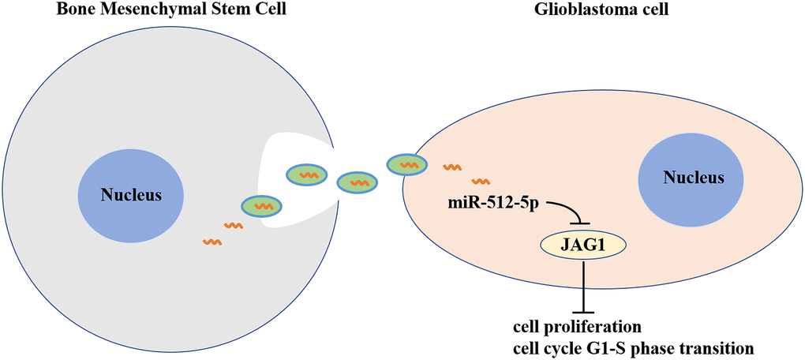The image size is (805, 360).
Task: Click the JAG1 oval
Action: [583, 246]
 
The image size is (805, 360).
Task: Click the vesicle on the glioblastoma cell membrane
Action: [407, 164]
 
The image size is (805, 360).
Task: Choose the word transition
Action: [713, 347]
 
